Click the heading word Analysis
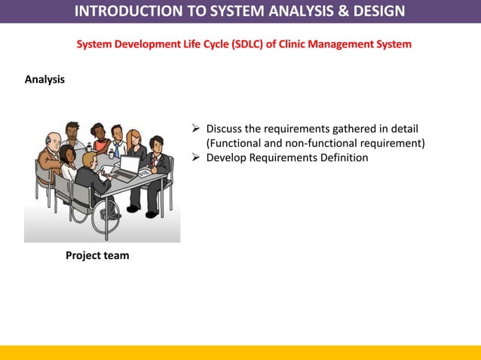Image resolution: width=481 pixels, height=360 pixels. coord(44,79)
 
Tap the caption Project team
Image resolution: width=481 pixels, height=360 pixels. coord(97,255)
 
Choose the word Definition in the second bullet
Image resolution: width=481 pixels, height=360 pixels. coord(342,157)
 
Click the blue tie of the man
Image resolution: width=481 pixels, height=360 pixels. coord(118,151)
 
